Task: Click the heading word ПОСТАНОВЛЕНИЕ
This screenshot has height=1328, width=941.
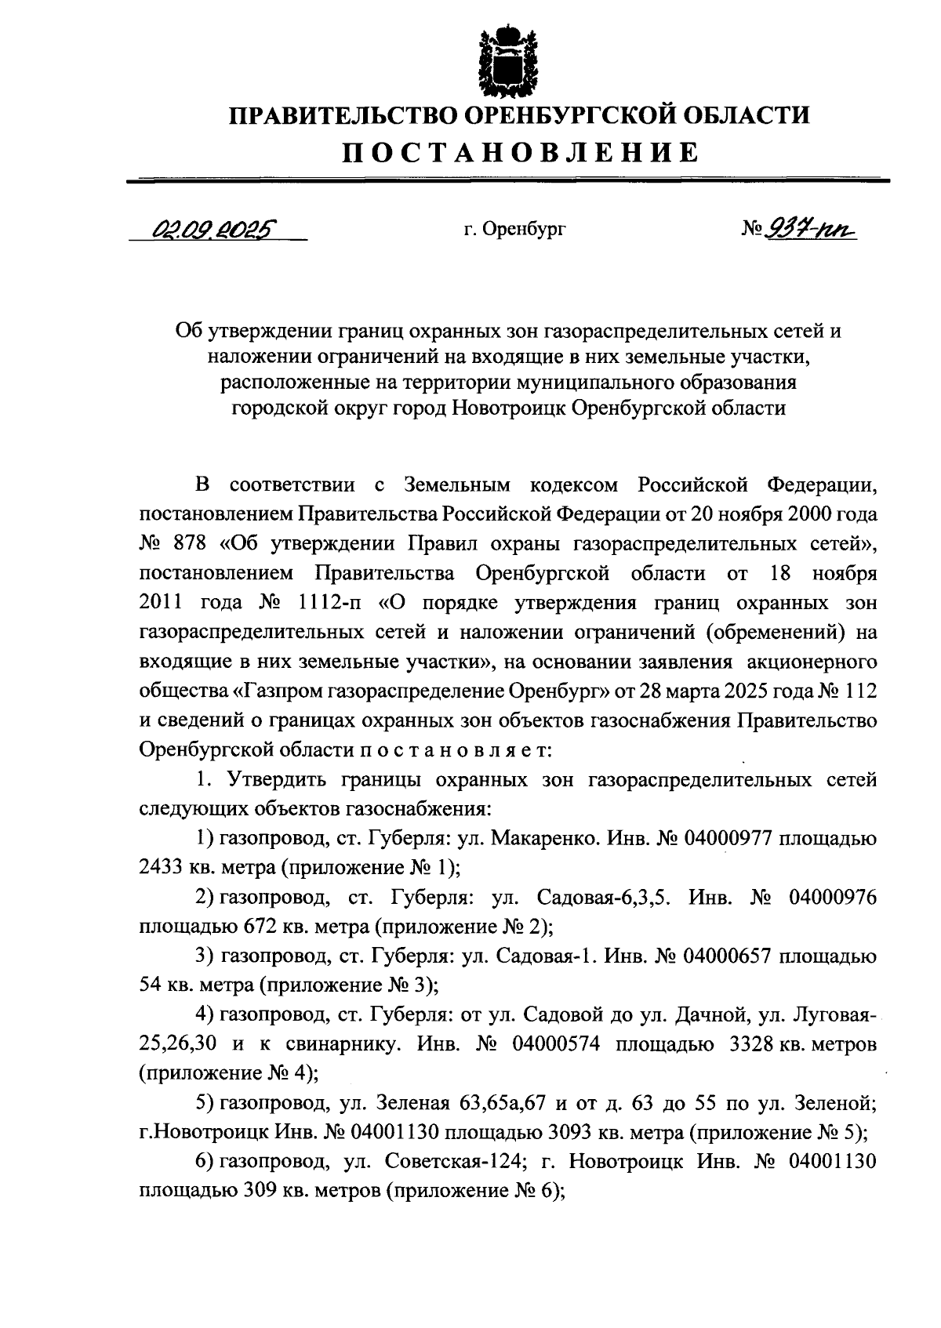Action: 518,151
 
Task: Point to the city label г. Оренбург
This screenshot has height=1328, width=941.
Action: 514,230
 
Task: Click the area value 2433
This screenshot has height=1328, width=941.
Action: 161,868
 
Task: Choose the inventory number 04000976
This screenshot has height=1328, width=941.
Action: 823,897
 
